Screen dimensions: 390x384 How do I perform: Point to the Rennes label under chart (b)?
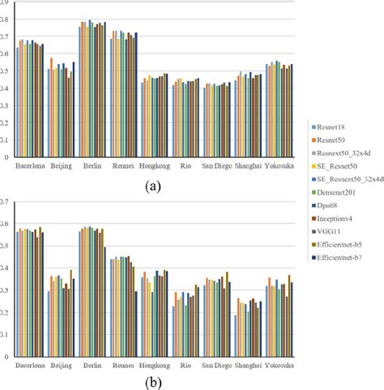(123, 366)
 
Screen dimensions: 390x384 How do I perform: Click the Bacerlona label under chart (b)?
(31, 366)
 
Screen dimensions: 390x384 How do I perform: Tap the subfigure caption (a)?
(151, 184)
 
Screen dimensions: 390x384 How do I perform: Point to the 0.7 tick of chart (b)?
(6, 200)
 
